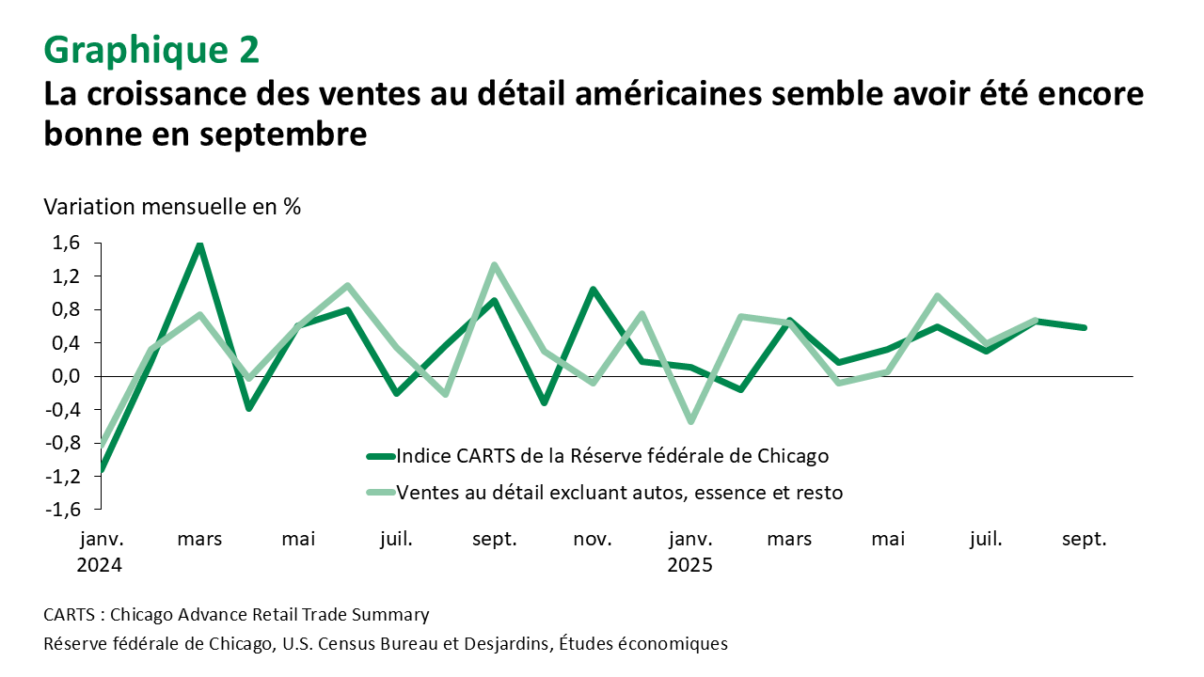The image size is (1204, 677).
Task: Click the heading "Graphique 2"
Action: [x=151, y=50]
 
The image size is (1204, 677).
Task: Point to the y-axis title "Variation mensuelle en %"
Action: [x=172, y=207]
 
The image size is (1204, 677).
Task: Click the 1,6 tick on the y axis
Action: [x=67, y=244]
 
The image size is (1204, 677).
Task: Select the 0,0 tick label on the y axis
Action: [x=67, y=376]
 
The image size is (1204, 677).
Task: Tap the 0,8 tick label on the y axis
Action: [x=67, y=310]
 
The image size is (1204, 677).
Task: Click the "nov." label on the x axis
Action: [x=593, y=540]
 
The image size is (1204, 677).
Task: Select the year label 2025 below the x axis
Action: [x=690, y=566]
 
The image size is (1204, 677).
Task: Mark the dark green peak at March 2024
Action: [x=199, y=244]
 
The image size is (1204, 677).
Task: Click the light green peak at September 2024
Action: [x=494, y=265]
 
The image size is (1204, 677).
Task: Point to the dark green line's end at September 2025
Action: [x=1085, y=328]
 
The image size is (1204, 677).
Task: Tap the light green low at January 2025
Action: [x=690, y=420]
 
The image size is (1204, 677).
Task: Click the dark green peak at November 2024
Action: [x=593, y=290]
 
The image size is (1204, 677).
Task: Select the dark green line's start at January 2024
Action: [x=102, y=470]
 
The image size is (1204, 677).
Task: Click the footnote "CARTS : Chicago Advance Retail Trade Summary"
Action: [x=236, y=615]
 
